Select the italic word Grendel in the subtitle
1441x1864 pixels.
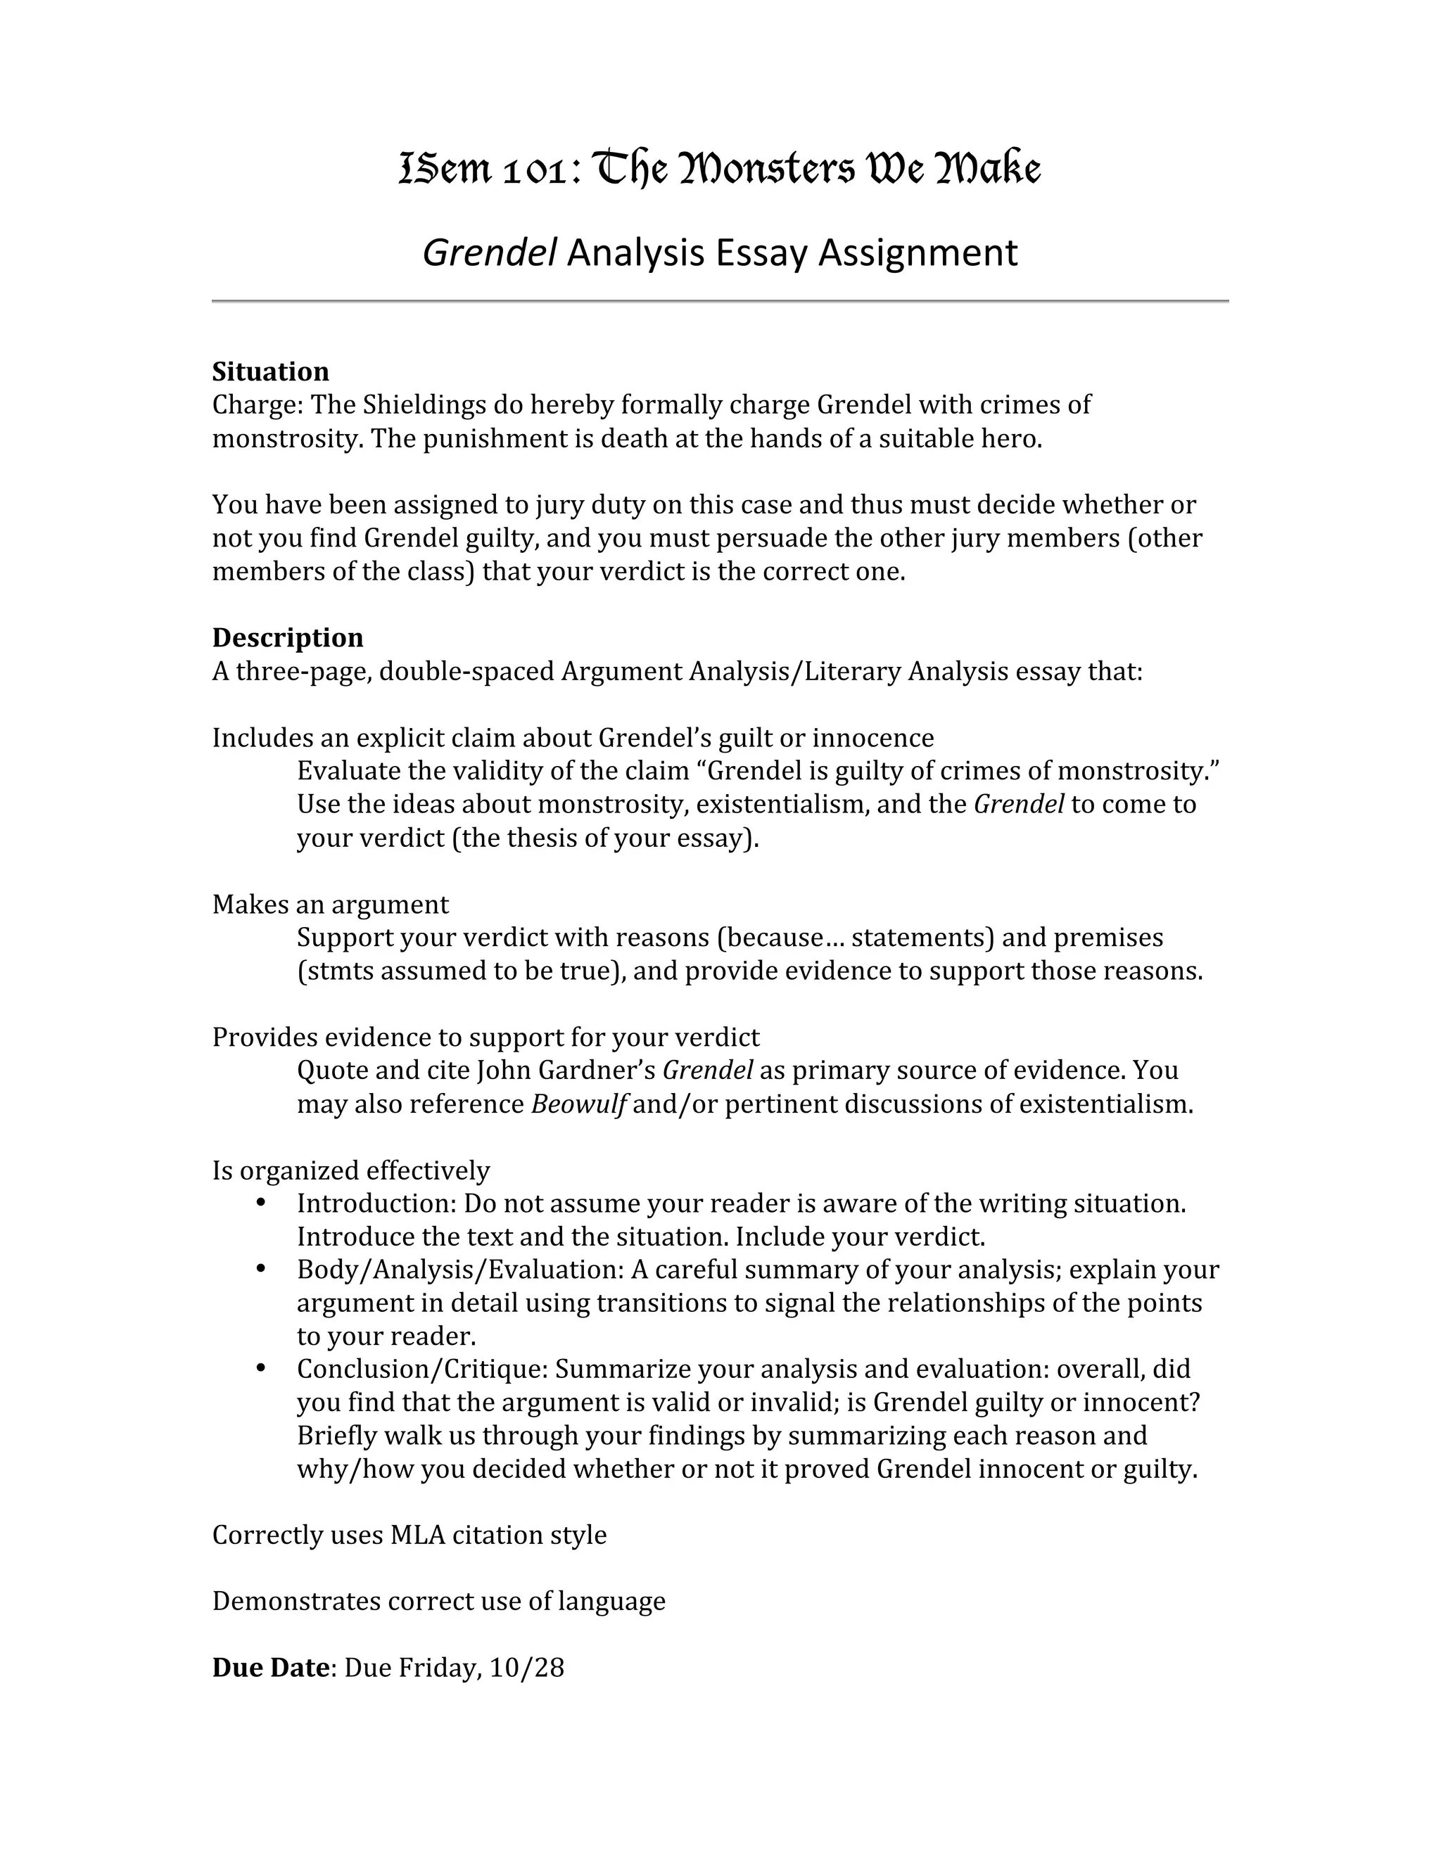pyautogui.click(x=489, y=253)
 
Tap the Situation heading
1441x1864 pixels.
pyautogui.click(x=271, y=371)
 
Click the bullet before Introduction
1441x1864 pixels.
pyautogui.click(x=261, y=1203)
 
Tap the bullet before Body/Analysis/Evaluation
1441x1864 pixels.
pyautogui.click(x=261, y=1269)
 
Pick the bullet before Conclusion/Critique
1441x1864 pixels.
pyautogui.click(x=261, y=1369)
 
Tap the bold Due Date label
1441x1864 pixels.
pyautogui.click(x=269, y=1668)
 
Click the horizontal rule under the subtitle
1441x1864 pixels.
pyautogui.click(x=720, y=301)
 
